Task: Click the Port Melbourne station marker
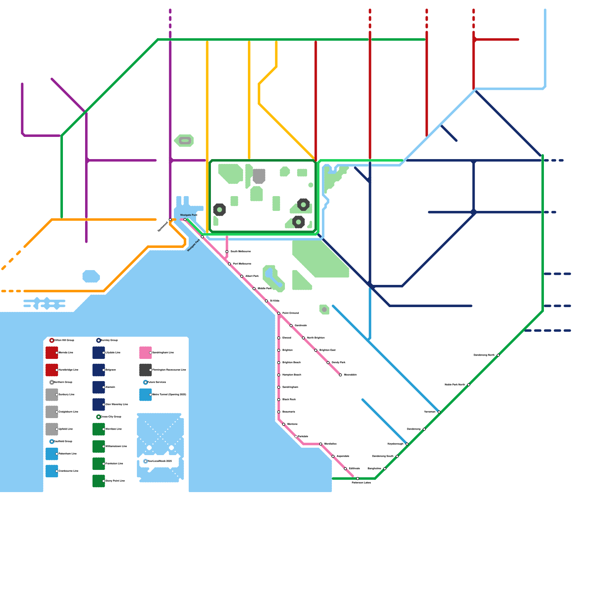(229, 264)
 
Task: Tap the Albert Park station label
(252, 276)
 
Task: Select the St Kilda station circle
(266, 301)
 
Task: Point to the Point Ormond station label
(290, 313)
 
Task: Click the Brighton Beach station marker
(279, 363)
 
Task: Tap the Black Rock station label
(289, 400)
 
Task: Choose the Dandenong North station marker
(498, 355)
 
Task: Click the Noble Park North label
(455, 385)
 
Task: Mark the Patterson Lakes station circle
(357, 478)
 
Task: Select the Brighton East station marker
(316, 350)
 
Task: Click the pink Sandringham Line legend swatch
(145, 353)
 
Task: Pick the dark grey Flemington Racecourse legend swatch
(145, 370)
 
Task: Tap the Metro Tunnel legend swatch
(145, 395)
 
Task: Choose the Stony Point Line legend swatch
(98, 481)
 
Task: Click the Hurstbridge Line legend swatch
(51, 370)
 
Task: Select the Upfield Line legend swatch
(51, 429)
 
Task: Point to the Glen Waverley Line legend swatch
(98, 404)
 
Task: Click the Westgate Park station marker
(202, 237)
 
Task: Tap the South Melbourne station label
(240, 252)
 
